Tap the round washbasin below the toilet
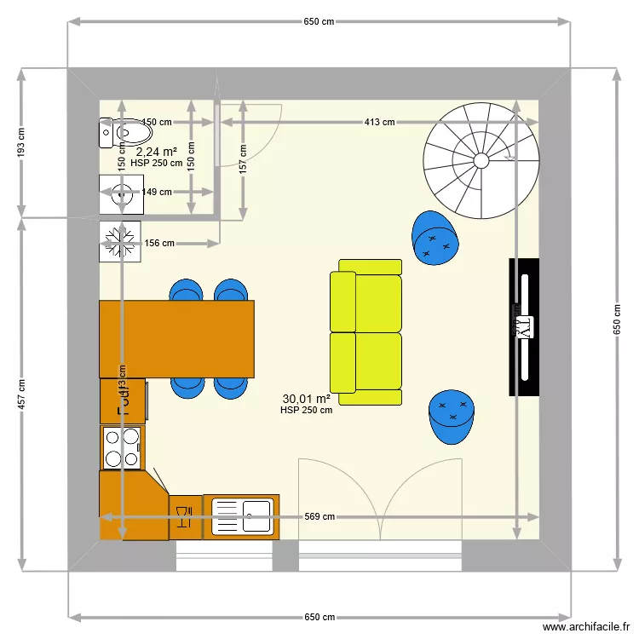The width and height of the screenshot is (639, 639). (x=121, y=193)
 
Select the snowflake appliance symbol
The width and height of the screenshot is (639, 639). (x=120, y=242)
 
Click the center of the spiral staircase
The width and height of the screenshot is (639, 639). (x=481, y=159)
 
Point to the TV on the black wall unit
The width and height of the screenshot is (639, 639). (x=523, y=326)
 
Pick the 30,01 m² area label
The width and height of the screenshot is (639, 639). (x=306, y=398)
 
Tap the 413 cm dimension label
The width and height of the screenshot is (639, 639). (x=379, y=122)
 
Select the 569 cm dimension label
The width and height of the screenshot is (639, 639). (x=319, y=516)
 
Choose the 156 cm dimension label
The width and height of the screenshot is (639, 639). (x=159, y=244)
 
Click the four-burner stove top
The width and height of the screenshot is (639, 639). (x=121, y=448)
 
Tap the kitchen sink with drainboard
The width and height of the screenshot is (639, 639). (x=241, y=517)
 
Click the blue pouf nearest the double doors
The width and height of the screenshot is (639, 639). (x=452, y=417)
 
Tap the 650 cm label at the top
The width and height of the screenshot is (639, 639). (x=319, y=21)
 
